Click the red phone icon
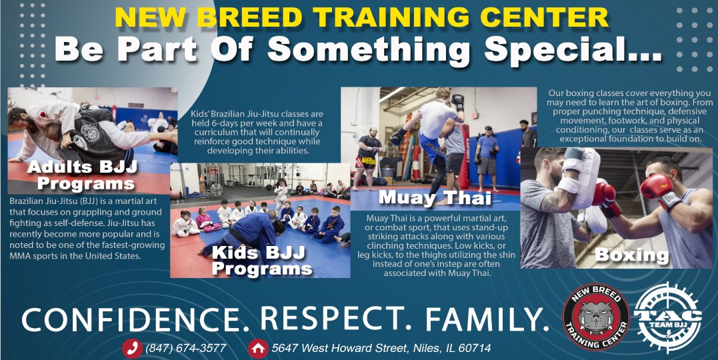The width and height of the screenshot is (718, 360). click(x=132, y=348)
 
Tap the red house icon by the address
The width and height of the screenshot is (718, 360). click(x=258, y=348)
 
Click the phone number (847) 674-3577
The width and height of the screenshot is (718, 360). click(x=185, y=348)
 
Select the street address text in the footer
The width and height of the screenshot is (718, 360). click(x=381, y=348)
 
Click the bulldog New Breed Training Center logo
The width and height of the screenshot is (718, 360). click(x=596, y=317)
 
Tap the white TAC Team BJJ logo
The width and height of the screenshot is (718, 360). click(x=667, y=317)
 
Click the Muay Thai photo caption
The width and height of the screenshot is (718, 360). click(x=435, y=198)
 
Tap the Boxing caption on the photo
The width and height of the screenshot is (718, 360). click(x=632, y=255)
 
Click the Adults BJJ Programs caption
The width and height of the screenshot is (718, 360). click(x=83, y=175)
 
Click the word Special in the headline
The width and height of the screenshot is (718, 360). click(x=573, y=49)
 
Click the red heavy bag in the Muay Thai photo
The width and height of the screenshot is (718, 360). click(x=464, y=157)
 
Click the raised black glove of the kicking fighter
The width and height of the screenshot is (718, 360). click(x=457, y=102)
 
